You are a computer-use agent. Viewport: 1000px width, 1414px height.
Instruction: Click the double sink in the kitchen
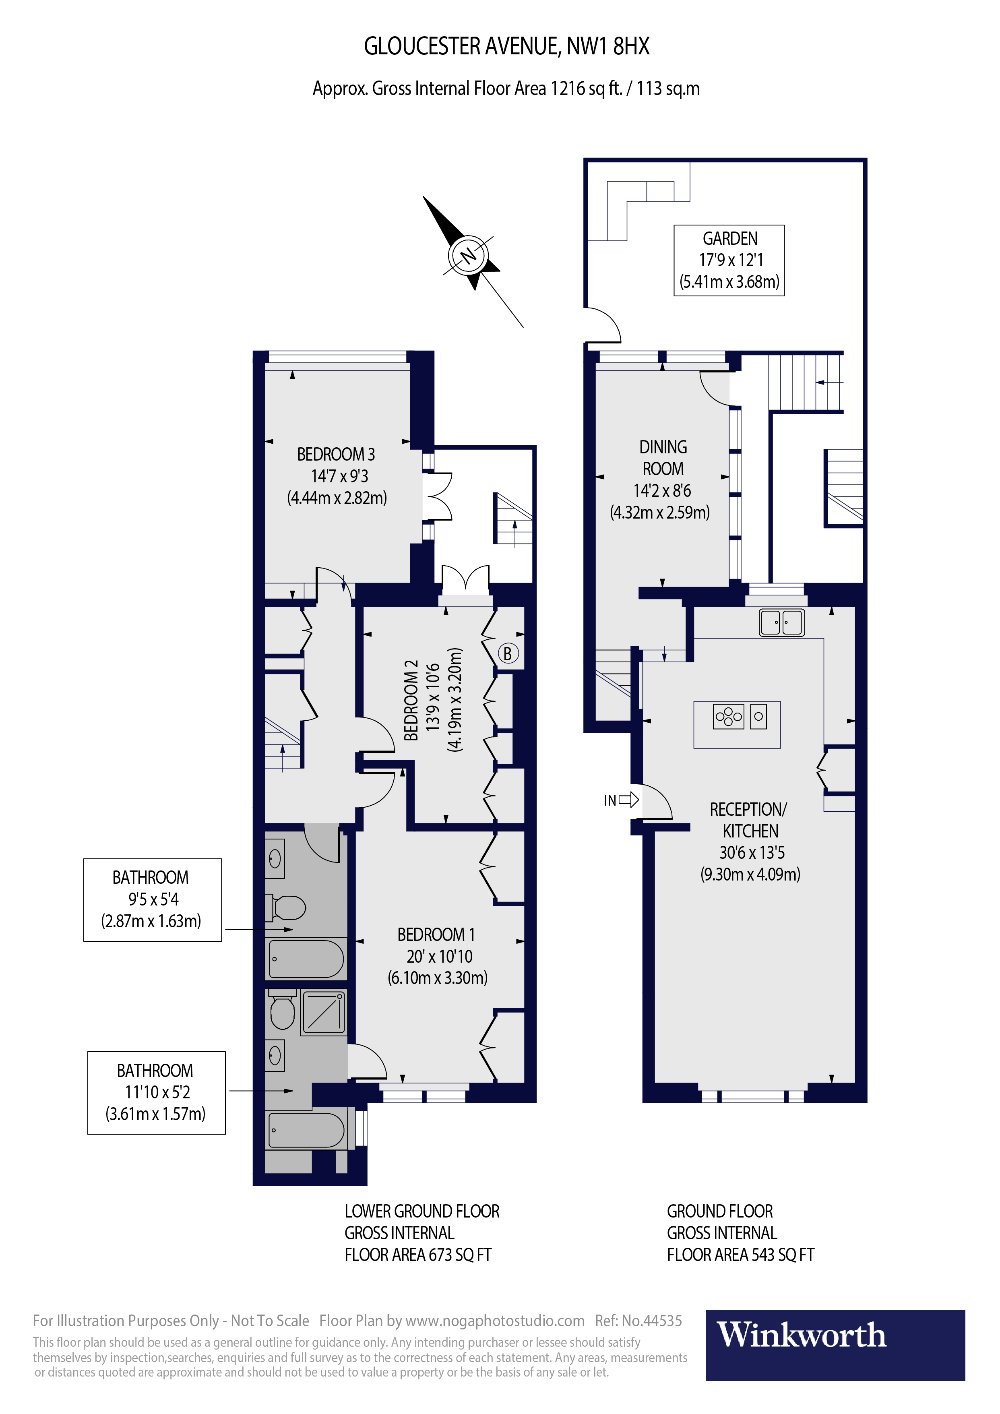tap(781, 622)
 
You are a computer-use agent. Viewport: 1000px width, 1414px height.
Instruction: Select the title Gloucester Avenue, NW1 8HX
tap(506, 46)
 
